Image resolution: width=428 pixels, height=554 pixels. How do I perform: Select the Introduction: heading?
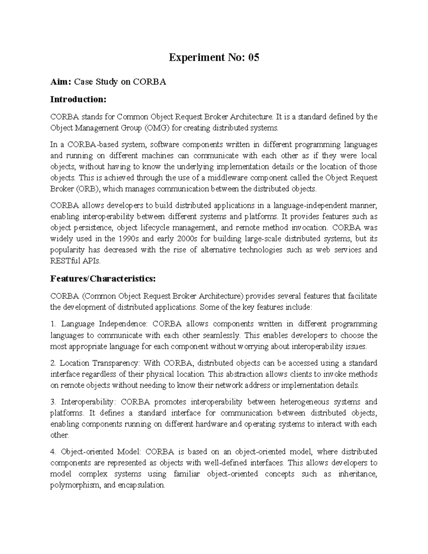(78, 99)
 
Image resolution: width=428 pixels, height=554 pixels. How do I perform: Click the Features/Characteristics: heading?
(103, 279)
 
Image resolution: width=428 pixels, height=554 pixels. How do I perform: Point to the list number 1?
(53, 324)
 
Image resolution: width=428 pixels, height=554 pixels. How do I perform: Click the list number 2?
(53, 363)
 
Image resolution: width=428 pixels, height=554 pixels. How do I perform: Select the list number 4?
(53, 452)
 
